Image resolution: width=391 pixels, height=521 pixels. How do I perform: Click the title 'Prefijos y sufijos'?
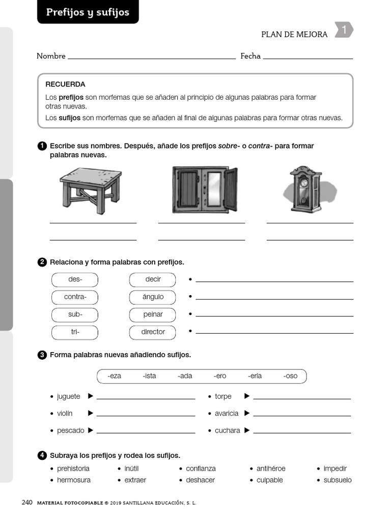[x=88, y=12]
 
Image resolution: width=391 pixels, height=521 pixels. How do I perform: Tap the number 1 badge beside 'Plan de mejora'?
[x=344, y=31]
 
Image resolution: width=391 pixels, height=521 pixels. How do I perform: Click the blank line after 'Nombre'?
[x=151, y=57]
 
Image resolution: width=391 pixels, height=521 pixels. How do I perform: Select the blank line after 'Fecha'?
[x=308, y=57]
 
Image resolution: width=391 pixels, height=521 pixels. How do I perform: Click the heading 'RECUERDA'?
[x=65, y=84]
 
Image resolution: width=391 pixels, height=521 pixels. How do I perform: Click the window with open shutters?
[x=205, y=189]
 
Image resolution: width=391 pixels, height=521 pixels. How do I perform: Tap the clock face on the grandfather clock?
[x=304, y=182]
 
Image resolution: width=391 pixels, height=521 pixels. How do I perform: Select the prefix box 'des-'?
[x=75, y=279]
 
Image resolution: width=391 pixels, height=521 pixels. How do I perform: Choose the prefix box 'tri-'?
[x=75, y=332]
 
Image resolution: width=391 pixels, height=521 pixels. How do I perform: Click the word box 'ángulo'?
[x=153, y=297]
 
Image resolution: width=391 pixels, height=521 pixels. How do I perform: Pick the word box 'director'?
[x=153, y=332]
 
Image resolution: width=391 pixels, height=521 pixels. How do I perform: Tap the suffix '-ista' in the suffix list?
[x=149, y=376]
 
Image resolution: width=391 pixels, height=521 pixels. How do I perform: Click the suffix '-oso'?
[x=290, y=376]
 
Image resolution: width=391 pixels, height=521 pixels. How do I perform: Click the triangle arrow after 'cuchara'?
[x=247, y=430]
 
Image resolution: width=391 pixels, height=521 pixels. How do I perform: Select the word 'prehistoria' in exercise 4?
[x=73, y=469]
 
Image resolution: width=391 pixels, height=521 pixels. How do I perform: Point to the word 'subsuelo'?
[x=338, y=480]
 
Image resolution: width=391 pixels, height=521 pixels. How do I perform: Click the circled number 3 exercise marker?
[x=42, y=355]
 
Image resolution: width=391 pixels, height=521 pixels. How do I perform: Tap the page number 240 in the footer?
[x=27, y=503]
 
